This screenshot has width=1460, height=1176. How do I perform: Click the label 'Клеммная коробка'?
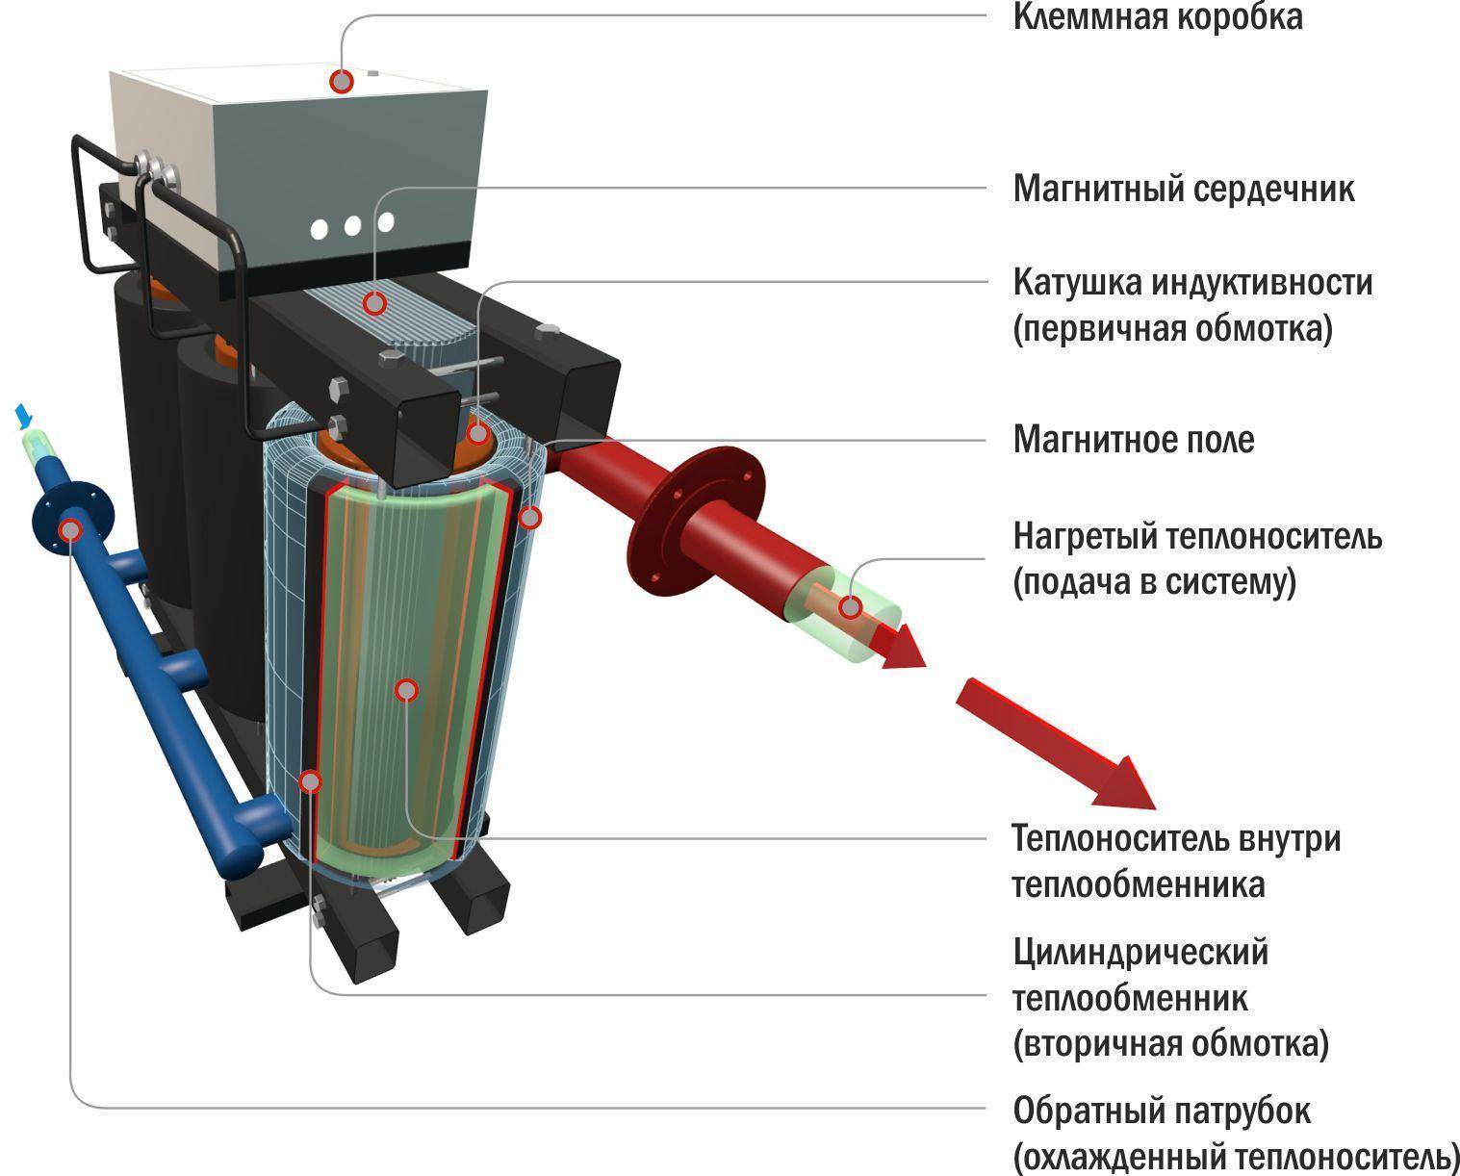tap(1157, 18)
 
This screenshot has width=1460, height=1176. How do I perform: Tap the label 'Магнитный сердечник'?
tap(1183, 189)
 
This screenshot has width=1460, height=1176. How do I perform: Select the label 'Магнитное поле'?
tap(1133, 440)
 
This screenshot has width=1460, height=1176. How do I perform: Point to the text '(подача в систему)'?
tap(1154, 582)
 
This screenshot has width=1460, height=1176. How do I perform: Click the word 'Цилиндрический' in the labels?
tap(1140, 953)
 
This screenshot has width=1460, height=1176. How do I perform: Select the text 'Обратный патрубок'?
tap(1161, 1112)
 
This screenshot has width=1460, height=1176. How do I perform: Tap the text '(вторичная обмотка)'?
tap(1170, 1044)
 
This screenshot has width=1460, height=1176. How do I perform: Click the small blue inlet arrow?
tap(24, 417)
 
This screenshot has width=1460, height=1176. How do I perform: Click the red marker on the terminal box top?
tap(342, 81)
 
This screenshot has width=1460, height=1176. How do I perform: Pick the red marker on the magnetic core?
tap(374, 303)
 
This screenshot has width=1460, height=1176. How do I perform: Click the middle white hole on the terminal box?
tap(352, 227)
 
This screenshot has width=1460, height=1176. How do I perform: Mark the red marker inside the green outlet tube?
tap(850, 607)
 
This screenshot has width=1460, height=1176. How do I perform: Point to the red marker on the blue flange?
tap(70, 529)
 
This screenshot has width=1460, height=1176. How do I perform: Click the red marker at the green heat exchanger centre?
tap(407, 690)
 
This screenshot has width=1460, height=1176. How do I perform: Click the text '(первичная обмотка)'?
tap(1172, 329)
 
